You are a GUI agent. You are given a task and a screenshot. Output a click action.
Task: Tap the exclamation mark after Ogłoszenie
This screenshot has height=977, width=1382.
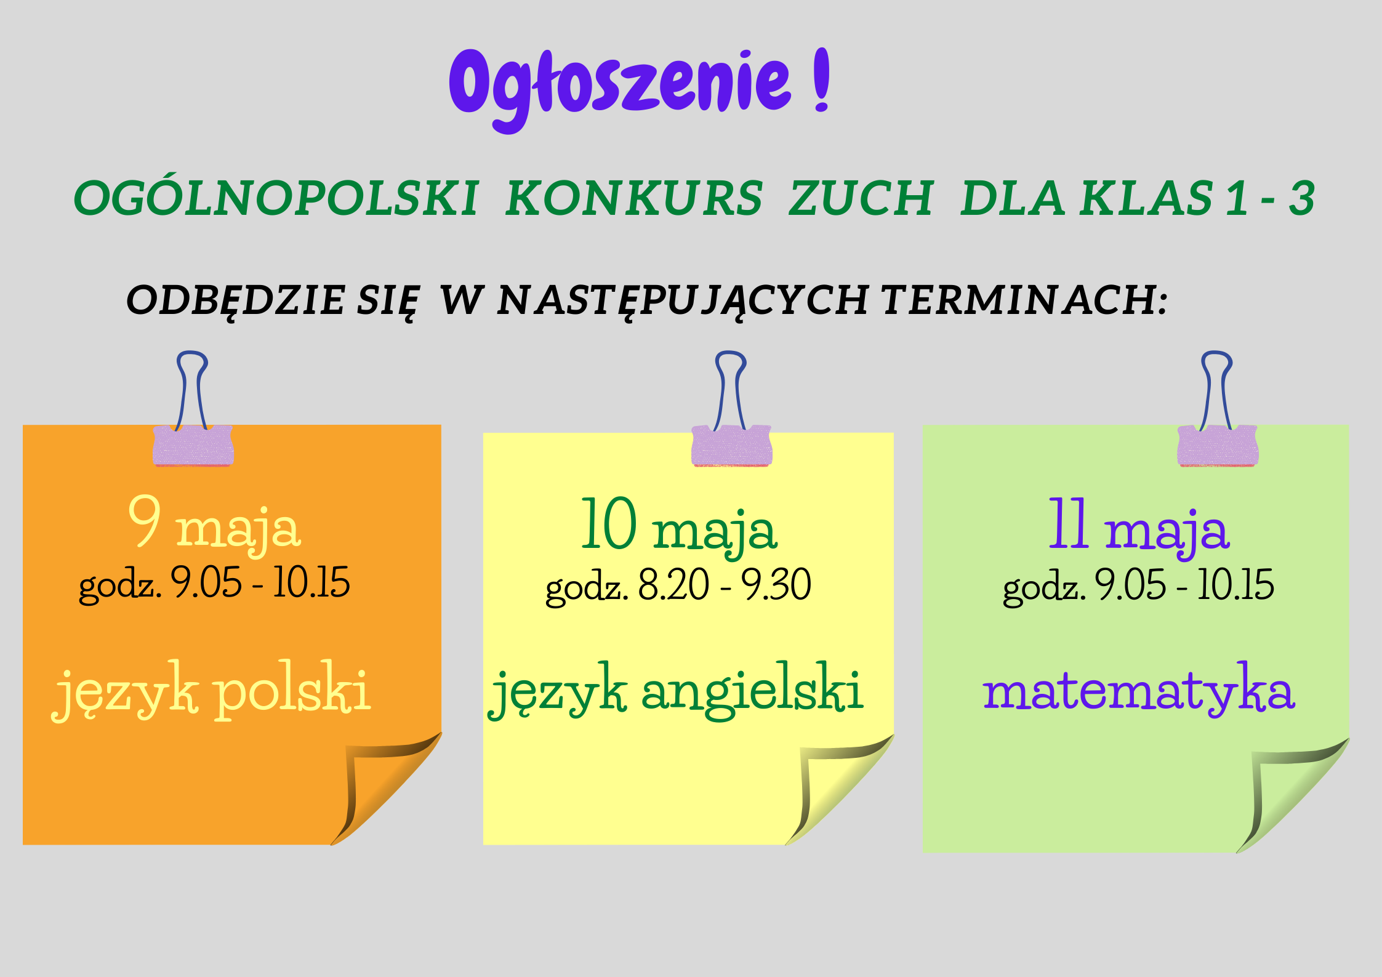(822, 79)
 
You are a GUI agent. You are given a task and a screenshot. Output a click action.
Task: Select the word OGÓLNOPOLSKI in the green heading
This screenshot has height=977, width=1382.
(276, 198)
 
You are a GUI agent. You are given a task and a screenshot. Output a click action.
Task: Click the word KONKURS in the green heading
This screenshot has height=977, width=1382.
(634, 198)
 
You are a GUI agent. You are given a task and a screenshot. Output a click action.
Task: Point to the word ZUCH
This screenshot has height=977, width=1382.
(861, 198)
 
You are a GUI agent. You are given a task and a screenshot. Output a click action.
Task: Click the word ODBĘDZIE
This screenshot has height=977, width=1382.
(235, 301)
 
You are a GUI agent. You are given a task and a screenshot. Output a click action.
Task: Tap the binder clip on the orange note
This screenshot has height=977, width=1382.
(193, 409)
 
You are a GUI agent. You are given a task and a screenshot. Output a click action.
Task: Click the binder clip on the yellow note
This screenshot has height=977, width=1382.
(731, 409)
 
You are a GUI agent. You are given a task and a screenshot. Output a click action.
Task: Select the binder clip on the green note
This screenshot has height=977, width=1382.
(1218, 409)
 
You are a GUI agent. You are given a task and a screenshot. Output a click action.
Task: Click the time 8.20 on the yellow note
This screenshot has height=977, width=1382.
(673, 584)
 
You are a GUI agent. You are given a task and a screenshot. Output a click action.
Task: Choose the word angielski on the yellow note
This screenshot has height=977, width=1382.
(752, 690)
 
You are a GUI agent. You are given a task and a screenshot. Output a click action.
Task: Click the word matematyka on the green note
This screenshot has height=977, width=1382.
(1139, 689)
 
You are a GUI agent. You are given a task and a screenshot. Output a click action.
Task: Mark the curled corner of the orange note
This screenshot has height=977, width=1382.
(386, 788)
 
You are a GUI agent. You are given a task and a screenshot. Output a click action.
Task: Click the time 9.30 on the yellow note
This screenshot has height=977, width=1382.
(776, 584)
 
